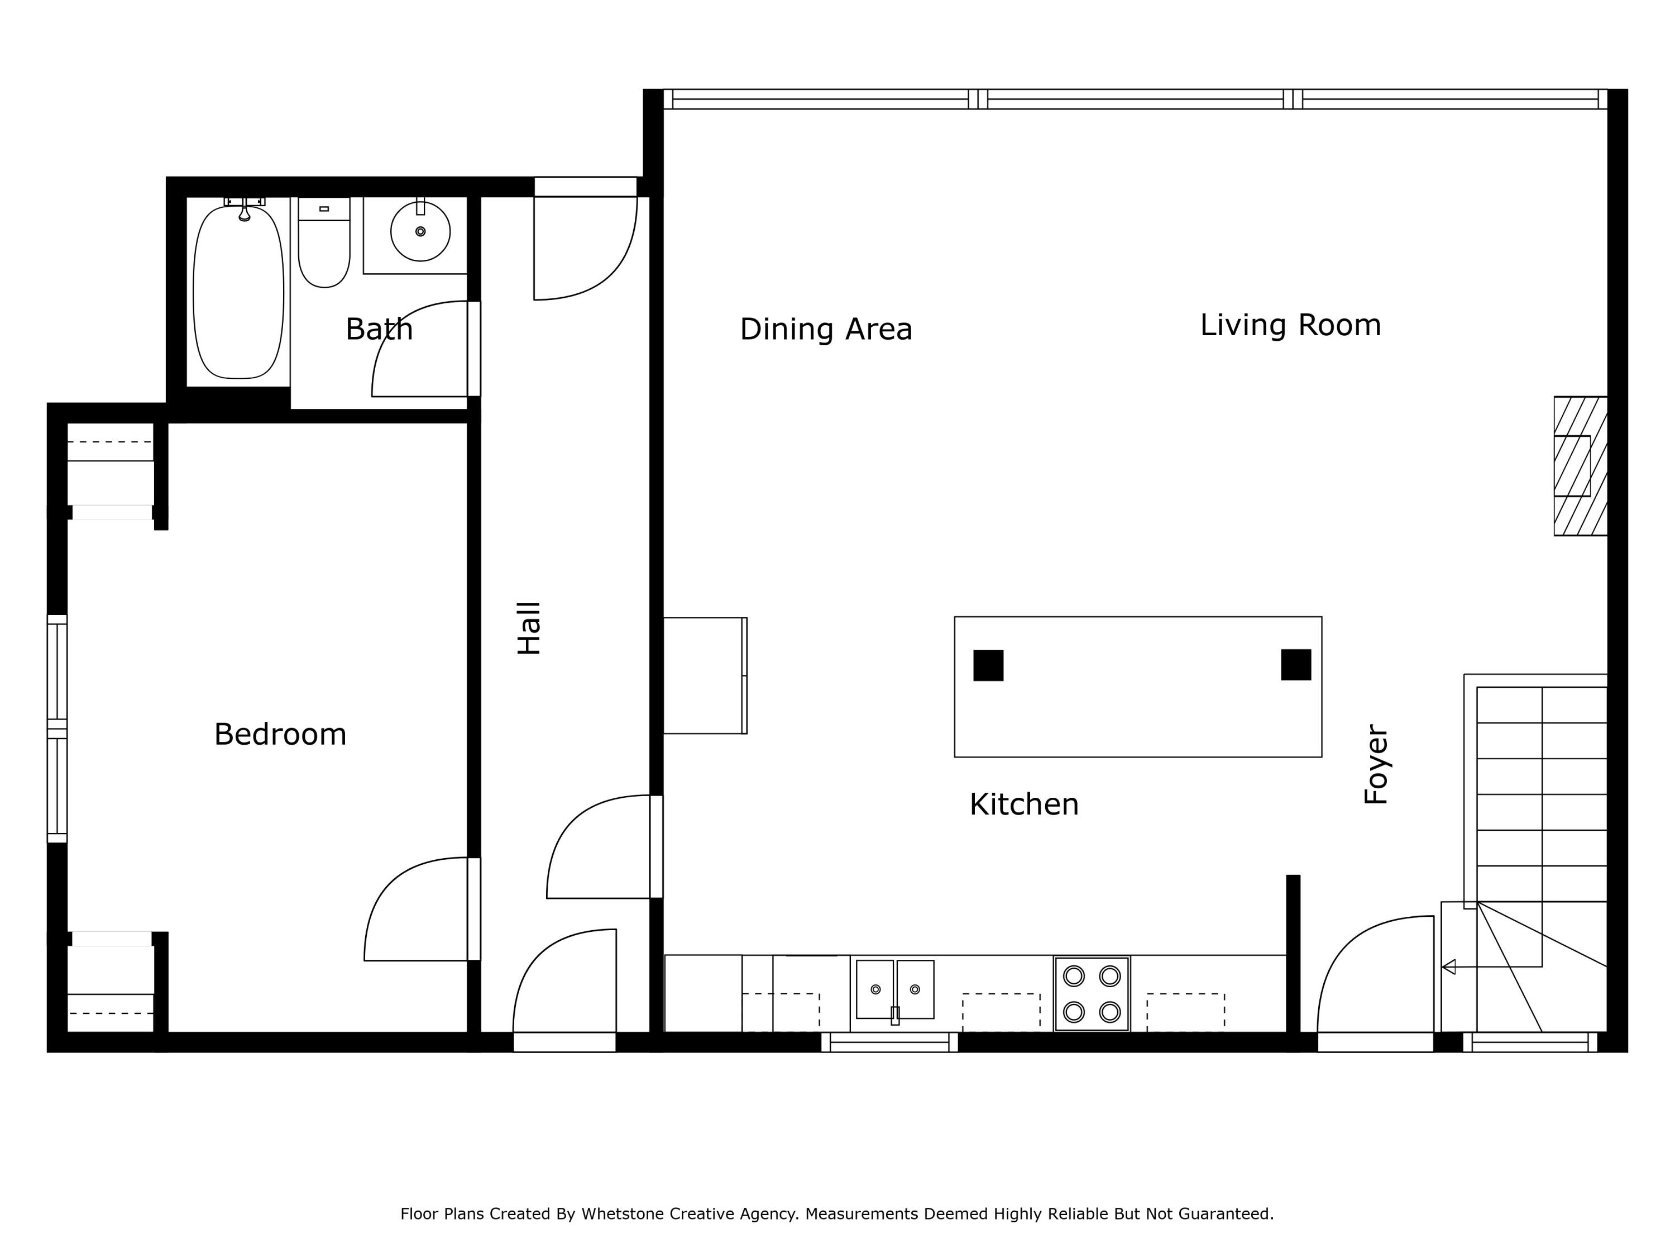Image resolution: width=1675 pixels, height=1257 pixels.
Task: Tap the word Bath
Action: [379, 329]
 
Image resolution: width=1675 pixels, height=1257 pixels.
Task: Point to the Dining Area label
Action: [825, 329]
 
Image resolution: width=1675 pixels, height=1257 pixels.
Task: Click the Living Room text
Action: [1290, 325]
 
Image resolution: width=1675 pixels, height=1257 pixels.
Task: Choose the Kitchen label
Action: [1024, 804]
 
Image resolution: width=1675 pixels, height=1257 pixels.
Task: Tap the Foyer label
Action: [1375, 764]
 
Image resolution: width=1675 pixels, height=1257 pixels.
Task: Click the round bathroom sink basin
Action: [420, 231]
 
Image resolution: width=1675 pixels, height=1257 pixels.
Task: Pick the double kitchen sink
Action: [894, 989]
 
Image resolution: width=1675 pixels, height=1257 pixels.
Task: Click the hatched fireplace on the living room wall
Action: [1580, 466]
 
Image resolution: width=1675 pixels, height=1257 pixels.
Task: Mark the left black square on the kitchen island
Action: [988, 665]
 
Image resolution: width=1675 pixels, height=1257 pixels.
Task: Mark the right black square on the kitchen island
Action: [1296, 664]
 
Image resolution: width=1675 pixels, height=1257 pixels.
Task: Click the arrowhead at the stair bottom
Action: [1448, 967]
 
